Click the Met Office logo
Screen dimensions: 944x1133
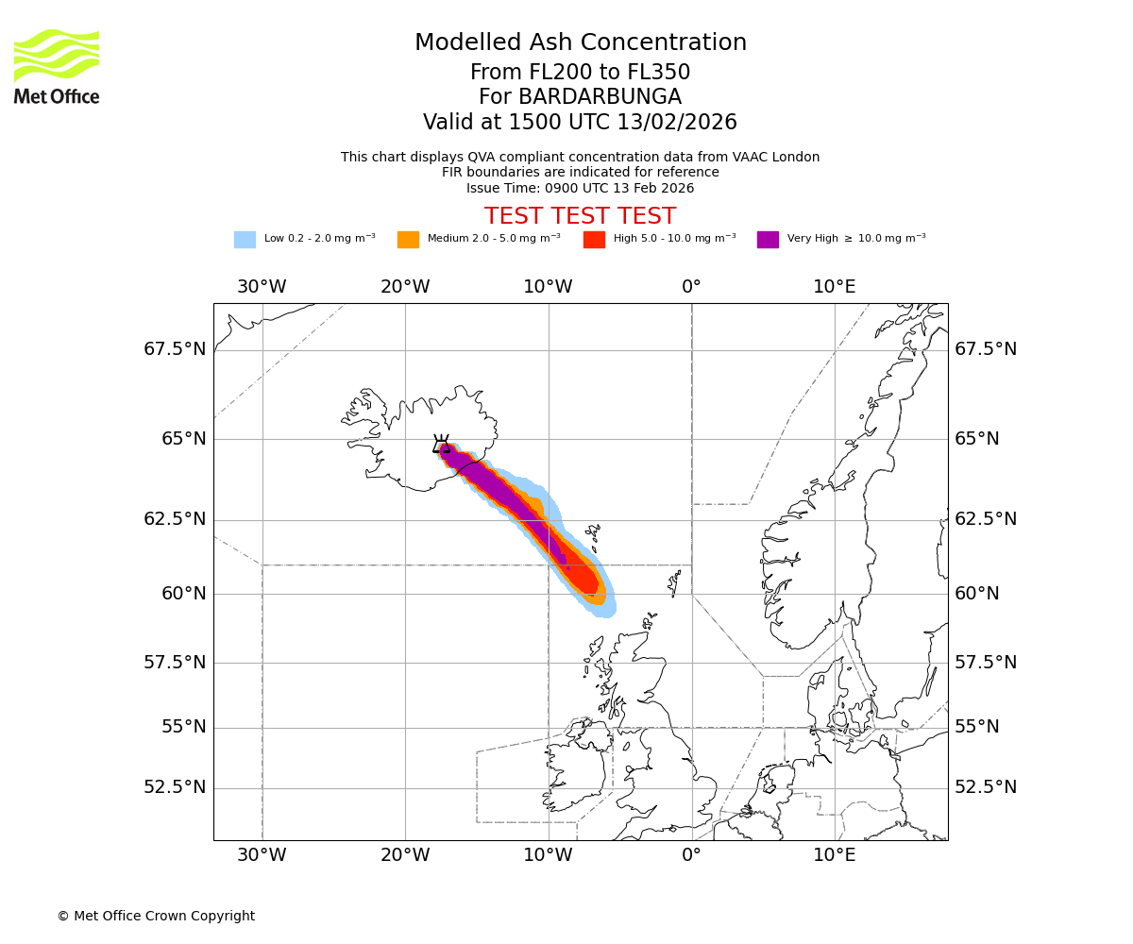click(x=57, y=66)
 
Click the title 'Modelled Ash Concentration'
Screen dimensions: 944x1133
click(x=580, y=43)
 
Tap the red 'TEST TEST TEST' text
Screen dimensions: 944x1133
click(x=580, y=216)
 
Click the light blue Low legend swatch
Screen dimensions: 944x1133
click(x=245, y=240)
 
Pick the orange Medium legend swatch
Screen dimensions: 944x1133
click(x=408, y=240)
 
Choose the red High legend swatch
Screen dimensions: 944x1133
click(x=594, y=240)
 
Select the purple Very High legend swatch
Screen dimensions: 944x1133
click(x=768, y=240)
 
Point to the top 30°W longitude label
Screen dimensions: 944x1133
click(x=262, y=287)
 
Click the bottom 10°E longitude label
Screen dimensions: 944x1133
click(x=835, y=855)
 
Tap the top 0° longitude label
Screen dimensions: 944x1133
click(x=691, y=287)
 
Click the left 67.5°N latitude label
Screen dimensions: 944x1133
click(x=175, y=349)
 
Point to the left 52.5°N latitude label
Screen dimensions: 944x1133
click(x=175, y=787)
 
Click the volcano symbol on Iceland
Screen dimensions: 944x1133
click(x=441, y=444)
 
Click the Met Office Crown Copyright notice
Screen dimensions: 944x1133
click(x=156, y=917)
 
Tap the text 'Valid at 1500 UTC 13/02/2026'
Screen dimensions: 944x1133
click(x=580, y=123)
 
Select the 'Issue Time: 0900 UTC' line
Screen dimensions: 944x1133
click(x=580, y=189)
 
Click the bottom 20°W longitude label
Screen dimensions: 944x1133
click(x=405, y=855)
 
